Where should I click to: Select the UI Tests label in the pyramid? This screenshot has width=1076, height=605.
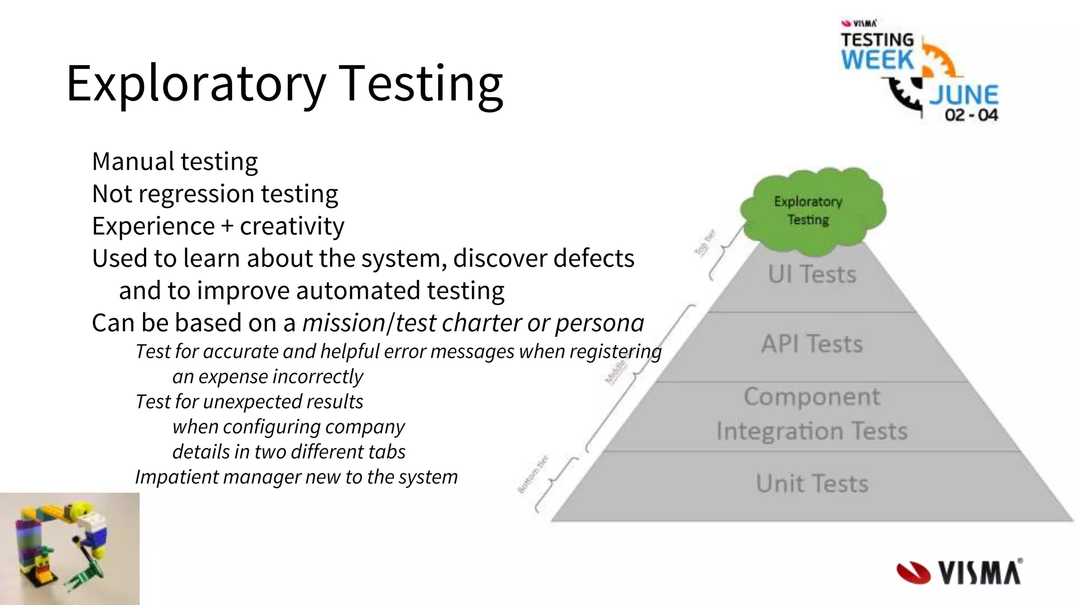pyautogui.click(x=812, y=274)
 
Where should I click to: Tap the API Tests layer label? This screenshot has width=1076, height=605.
pyautogui.click(x=812, y=344)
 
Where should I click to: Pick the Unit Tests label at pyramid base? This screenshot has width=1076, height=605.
pyautogui.click(x=812, y=483)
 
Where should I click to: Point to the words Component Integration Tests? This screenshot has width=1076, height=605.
pyautogui.click(x=812, y=414)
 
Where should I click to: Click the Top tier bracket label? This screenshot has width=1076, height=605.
pyautogui.click(x=705, y=243)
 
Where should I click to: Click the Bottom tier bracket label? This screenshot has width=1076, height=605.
pyautogui.click(x=533, y=474)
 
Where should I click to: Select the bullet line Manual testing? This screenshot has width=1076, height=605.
pyautogui.click(x=175, y=161)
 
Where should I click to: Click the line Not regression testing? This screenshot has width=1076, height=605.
pyautogui.click(x=215, y=194)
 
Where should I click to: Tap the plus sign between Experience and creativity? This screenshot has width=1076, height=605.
pyautogui.click(x=227, y=227)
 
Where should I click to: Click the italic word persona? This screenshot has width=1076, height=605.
pyautogui.click(x=599, y=323)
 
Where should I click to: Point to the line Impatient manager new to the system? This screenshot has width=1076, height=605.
pyautogui.click(x=296, y=477)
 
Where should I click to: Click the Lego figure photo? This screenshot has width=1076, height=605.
pyautogui.click(x=69, y=549)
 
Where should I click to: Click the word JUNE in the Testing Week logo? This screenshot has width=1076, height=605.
pyautogui.click(x=964, y=95)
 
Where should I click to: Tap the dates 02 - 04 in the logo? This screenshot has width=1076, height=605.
pyautogui.click(x=971, y=115)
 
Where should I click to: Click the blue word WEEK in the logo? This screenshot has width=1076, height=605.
pyautogui.click(x=877, y=59)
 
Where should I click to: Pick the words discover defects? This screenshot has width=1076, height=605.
pyautogui.click(x=543, y=258)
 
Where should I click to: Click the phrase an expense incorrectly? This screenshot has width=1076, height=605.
pyautogui.click(x=267, y=377)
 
